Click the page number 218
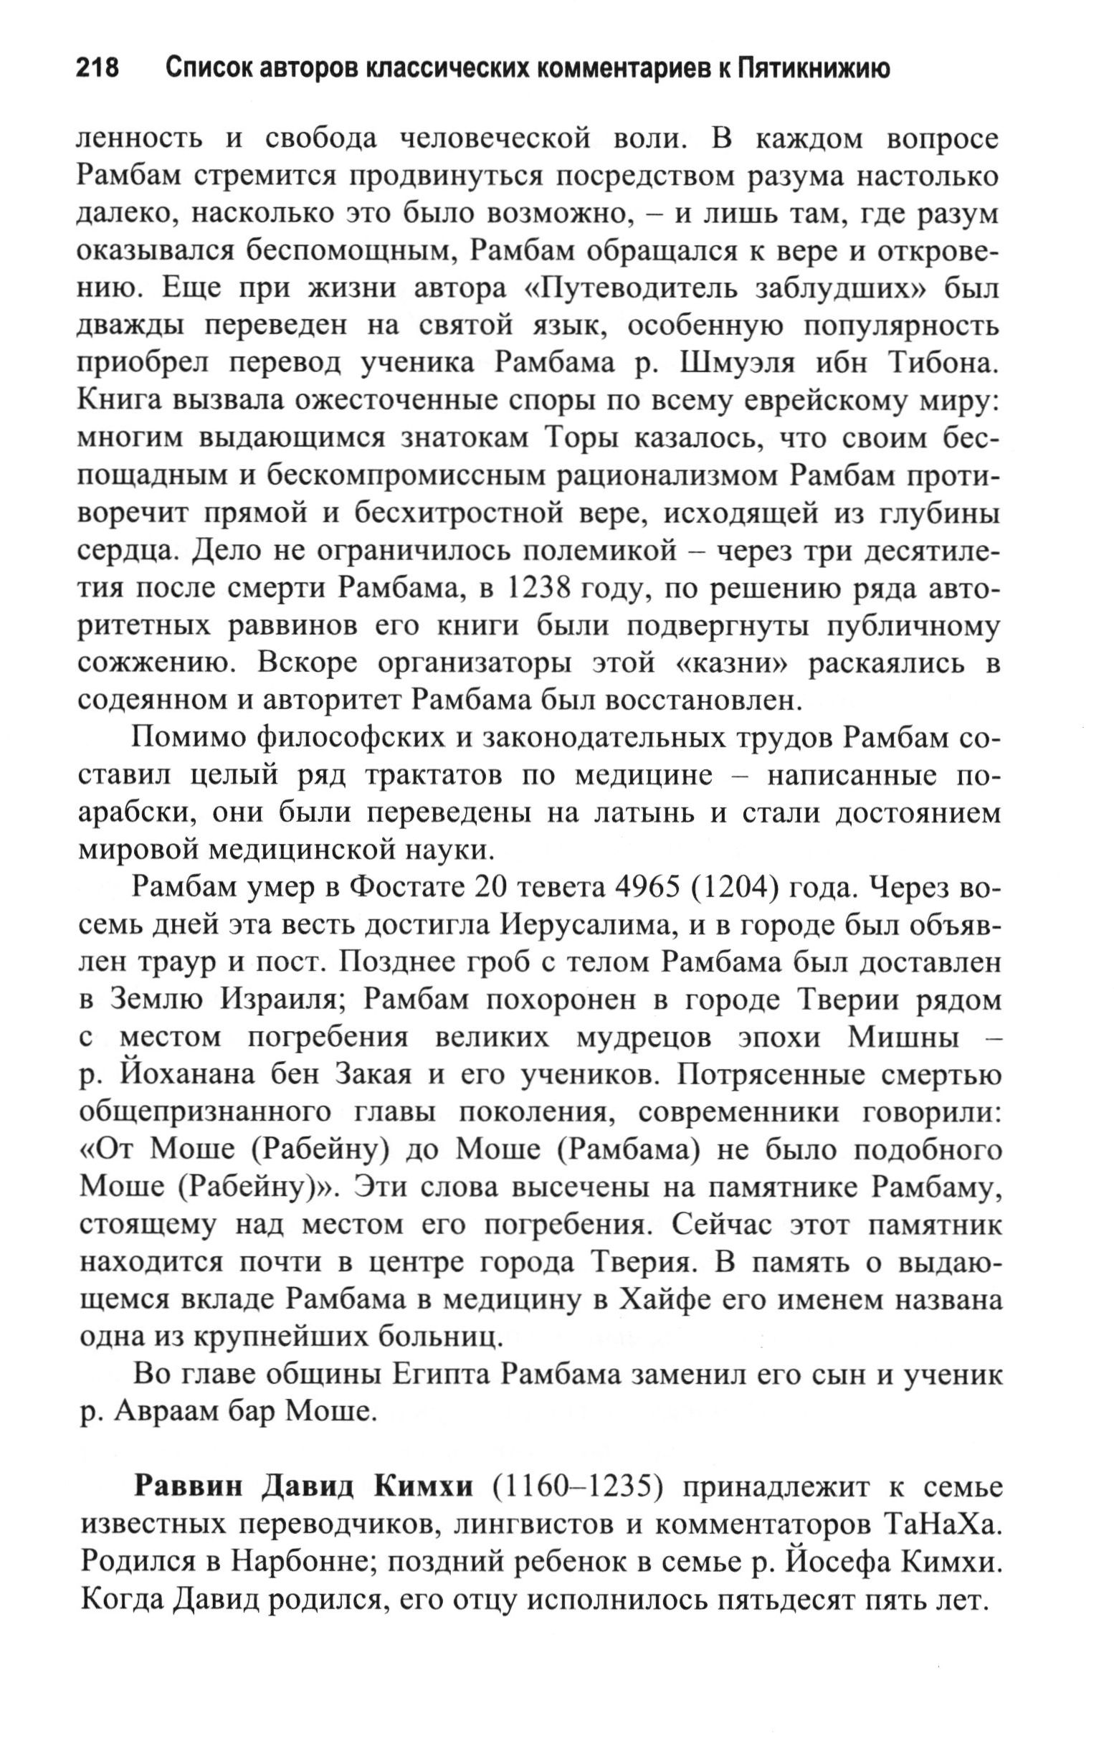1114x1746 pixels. (x=97, y=69)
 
